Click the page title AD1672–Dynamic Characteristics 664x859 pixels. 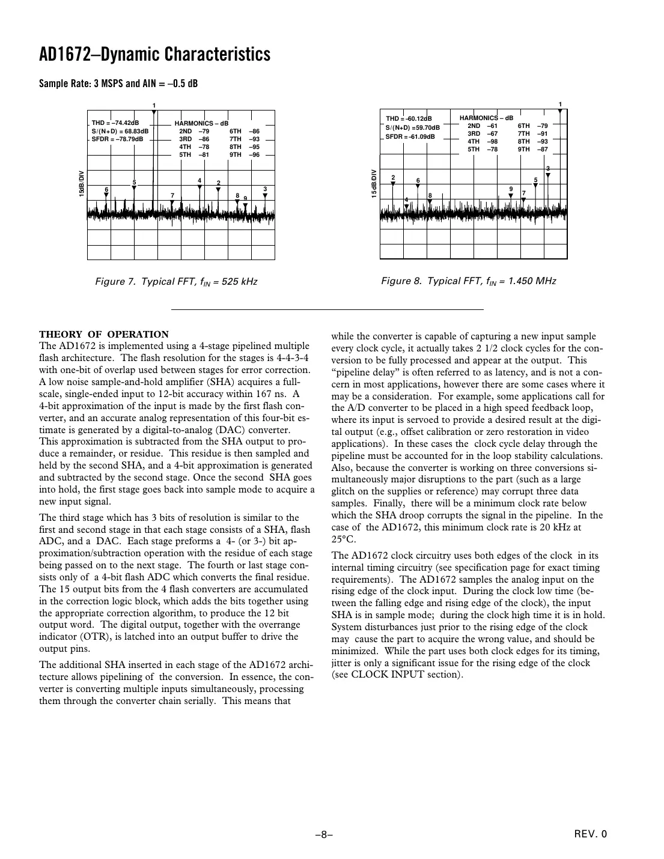pyautogui.click(x=154, y=55)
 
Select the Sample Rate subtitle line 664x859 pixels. pyautogui.click(x=118, y=83)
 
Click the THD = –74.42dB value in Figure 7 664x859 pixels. pyautogui.click(x=115, y=123)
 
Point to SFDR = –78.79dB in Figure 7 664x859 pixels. pyautogui.click(x=118, y=139)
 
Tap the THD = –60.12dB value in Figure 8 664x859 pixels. pyautogui.click(x=409, y=119)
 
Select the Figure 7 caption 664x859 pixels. pyautogui.click(x=177, y=282)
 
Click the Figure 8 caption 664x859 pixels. pyautogui.click(x=469, y=281)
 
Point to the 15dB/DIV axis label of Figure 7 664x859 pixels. pyautogui.click(x=81, y=184)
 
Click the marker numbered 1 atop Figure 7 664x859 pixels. pyautogui.click(x=154, y=106)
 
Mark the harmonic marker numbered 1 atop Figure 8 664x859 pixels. pyautogui.click(x=560, y=105)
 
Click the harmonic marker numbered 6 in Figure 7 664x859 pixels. pyautogui.click(x=106, y=190)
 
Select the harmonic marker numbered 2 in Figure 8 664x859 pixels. pyautogui.click(x=393, y=178)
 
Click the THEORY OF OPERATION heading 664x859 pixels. pyautogui.click(x=104, y=335)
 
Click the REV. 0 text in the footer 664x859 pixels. pyautogui.click(x=591, y=834)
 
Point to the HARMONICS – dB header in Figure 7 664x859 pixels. pyautogui.click(x=201, y=123)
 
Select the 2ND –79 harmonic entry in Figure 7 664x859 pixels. pyautogui.click(x=194, y=131)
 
